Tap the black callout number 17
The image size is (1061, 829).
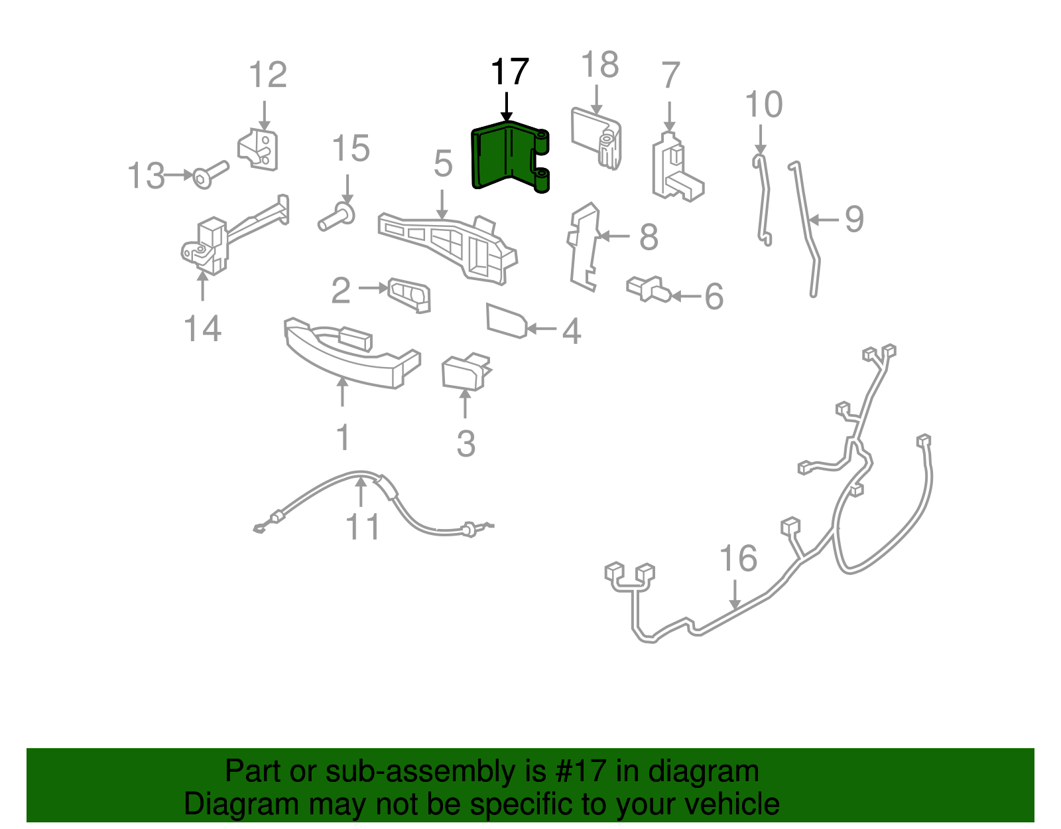(x=509, y=72)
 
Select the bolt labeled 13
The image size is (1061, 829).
(x=210, y=175)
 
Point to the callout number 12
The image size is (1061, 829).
(x=267, y=74)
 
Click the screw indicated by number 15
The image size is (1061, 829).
(x=336, y=218)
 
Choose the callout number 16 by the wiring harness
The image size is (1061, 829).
(x=738, y=558)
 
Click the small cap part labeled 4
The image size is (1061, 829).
(x=507, y=321)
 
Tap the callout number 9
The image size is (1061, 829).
(x=854, y=219)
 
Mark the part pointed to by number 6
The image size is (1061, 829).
(x=649, y=289)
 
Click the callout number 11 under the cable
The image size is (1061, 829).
(x=362, y=526)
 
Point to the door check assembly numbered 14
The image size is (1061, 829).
(x=234, y=236)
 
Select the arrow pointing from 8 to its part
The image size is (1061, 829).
(x=615, y=236)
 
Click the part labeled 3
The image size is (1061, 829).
(x=466, y=372)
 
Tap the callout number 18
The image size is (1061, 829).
(x=599, y=64)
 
